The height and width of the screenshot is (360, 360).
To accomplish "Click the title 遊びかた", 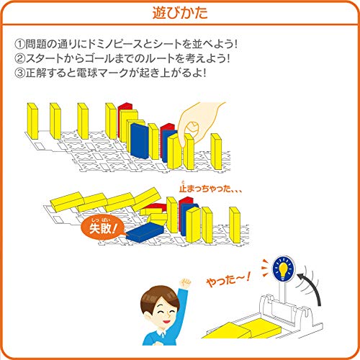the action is click(x=180, y=13).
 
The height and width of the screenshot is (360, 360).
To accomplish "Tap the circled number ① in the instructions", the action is click(x=19, y=44).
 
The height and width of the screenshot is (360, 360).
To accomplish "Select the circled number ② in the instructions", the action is click(x=19, y=58).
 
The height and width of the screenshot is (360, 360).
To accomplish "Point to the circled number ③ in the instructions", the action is click(x=19, y=73).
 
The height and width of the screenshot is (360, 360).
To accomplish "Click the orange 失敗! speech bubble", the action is click(x=103, y=228).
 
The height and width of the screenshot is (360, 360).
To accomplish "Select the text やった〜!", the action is click(x=228, y=279).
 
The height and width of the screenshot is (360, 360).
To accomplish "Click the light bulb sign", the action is click(x=284, y=268).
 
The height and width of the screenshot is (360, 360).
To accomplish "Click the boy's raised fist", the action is click(x=186, y=284).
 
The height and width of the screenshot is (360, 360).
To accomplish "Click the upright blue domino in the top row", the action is click(x=140, y=141).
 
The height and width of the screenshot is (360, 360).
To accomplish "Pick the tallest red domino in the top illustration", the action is click(x=125, y=120).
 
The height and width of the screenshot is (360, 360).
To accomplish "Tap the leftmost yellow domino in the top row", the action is click(x=32, y=121).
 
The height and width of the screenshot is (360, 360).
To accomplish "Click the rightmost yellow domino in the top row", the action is click(x=216, y=151).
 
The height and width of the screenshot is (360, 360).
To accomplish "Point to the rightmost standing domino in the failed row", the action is click(x=235, y=225).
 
